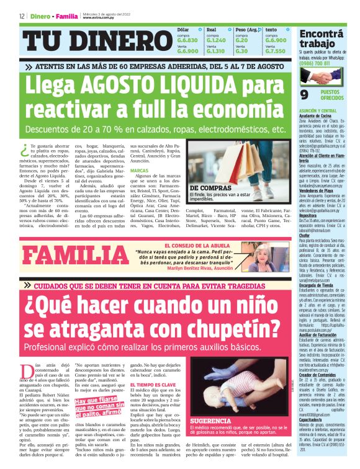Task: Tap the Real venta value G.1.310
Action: pyautogui.click(x=215, y=51)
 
